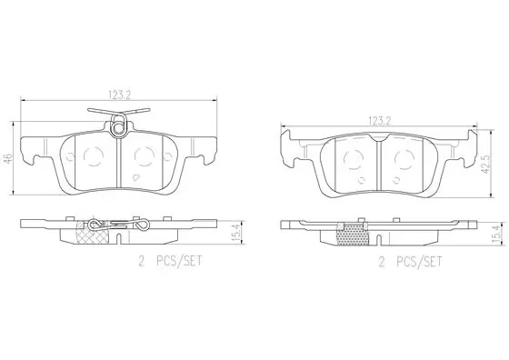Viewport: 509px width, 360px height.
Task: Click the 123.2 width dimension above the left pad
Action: (119, 95)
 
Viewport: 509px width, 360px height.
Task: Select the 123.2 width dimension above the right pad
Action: (379, 121)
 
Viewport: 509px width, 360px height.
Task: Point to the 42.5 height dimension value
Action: (485, 164)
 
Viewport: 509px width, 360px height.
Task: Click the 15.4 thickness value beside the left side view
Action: (237, 232)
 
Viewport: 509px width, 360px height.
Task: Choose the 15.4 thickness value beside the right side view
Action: (497, 235)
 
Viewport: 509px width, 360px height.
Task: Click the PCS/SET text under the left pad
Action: (179, 261)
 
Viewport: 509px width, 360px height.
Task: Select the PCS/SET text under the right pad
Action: (419, 262)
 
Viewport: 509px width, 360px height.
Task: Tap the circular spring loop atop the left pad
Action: (118, 127)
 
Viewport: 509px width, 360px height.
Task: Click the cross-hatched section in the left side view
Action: (93, 234)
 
